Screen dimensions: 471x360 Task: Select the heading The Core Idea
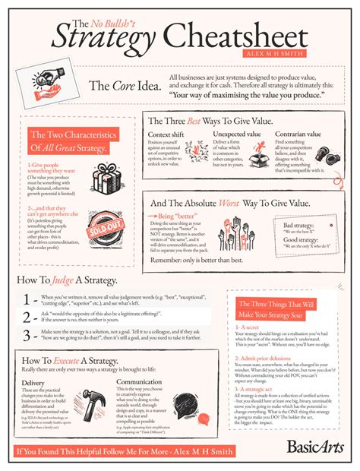pos(125,86)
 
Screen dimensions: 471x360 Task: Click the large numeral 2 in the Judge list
pos(27,316)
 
